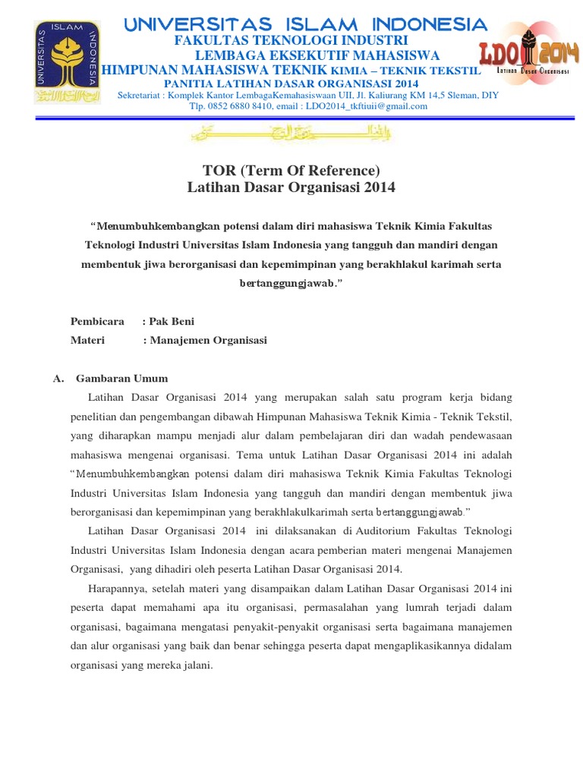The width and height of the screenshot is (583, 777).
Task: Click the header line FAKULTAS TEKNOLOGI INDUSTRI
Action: (x=291, y=40)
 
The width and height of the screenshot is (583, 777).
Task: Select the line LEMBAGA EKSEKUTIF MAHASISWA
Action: (x=317, y=55)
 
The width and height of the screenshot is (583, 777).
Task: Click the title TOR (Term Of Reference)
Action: (x=291, y=170)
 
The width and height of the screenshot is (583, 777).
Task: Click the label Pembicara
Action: (x=97, y=321)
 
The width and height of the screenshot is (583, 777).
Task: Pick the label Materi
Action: (x=87, y=341)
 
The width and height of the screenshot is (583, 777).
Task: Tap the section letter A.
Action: (x=58, y=378)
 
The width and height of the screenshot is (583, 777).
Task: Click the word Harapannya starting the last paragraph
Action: (x=116, y=588)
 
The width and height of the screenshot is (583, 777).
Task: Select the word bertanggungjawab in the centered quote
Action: (x=288, y=282)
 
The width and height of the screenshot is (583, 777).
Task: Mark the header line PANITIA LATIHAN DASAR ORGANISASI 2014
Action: (x=291, y=82)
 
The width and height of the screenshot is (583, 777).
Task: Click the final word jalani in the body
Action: (x=195, y=665)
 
